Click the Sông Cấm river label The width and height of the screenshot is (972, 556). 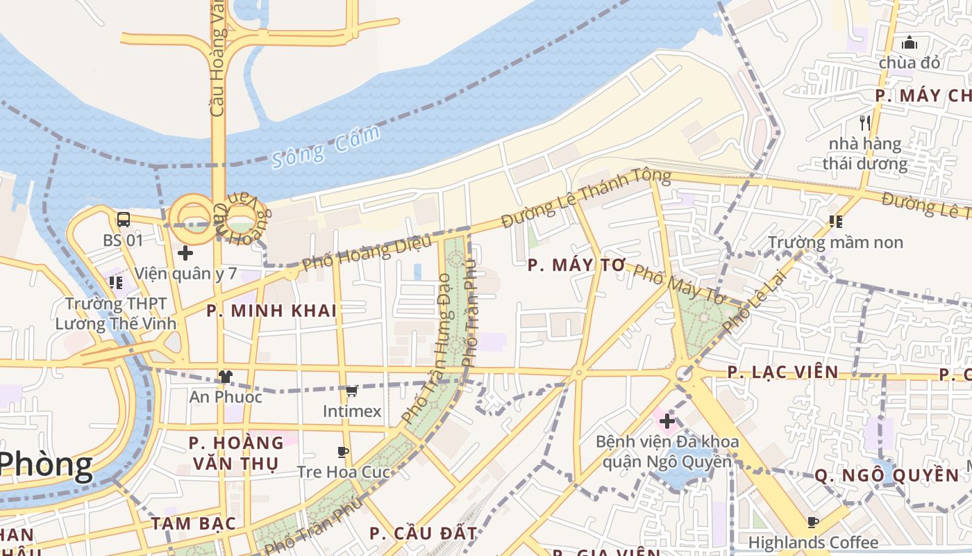click(326, 147)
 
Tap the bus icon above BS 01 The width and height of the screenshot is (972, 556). click(124, 220)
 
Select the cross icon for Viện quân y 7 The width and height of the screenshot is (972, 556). click(185, 252)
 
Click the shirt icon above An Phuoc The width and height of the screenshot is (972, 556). click(225, 377)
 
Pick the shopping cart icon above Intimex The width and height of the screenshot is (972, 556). click(352, 391)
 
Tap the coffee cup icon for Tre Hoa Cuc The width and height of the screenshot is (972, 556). click(342, 452)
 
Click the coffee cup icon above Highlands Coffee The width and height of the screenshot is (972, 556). click(812, 522)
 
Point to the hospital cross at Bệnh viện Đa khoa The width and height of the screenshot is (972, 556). click(667, 420)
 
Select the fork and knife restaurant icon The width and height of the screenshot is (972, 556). click(865, 123)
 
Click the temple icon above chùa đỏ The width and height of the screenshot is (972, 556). click(910, 42)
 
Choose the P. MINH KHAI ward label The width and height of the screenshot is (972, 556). click(271, 311)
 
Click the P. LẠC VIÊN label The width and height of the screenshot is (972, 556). click(783, 372)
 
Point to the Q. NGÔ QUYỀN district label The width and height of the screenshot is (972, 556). click(887, 475)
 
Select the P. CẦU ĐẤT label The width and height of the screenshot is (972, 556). click(424, 534)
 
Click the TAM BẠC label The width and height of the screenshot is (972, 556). click(194, 523)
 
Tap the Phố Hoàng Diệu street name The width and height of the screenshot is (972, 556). click(367, 252)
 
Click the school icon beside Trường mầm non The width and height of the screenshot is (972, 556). click(836, 222)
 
